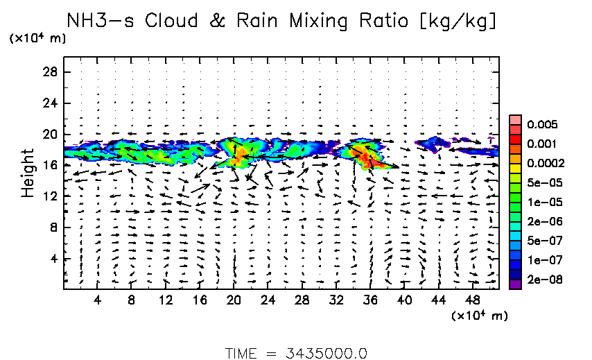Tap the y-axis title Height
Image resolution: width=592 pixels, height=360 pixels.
(x=28, y=172)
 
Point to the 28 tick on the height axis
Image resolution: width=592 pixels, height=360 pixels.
(x=51, y=72)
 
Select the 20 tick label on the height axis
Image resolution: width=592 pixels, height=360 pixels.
(x=51, y=135)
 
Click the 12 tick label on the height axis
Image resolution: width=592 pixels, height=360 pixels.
(x=51, y=196)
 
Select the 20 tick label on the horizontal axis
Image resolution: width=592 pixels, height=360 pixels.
(x=234, y=300)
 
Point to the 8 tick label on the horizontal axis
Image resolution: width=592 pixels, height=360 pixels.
(x=132, y=300)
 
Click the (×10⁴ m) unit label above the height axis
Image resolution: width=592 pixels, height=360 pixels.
(x=37, y=38)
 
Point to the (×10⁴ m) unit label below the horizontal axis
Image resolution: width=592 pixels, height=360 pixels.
(x=480, y=316)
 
